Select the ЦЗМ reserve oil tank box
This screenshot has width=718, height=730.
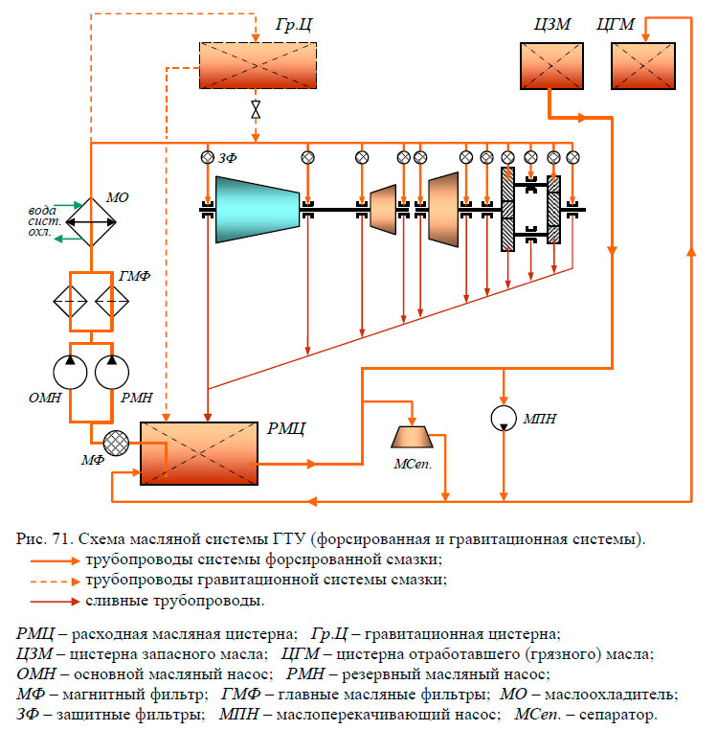point(551,68)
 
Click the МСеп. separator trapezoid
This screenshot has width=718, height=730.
point(413,437)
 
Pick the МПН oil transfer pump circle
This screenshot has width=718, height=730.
point(504,418)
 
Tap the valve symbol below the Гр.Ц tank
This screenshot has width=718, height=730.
point(256,108)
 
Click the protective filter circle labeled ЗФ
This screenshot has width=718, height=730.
point(208,157)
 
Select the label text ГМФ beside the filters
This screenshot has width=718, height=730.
point(135,277)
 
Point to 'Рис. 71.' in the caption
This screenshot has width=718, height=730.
point(40,539)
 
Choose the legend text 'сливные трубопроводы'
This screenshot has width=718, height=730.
point(174,601)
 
